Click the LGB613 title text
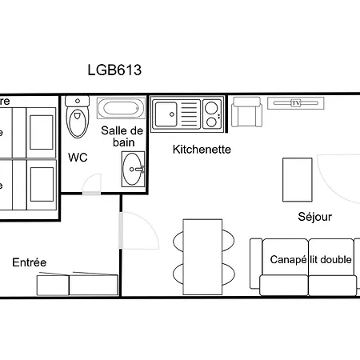114,70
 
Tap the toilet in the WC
78,121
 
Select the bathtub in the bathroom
121,109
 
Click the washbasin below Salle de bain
134,167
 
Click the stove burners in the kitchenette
212,113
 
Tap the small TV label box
296,102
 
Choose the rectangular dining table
201,254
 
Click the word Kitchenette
202,149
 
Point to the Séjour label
314,217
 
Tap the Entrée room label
29,262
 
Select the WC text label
78,157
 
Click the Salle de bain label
122,136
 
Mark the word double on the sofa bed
337,260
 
